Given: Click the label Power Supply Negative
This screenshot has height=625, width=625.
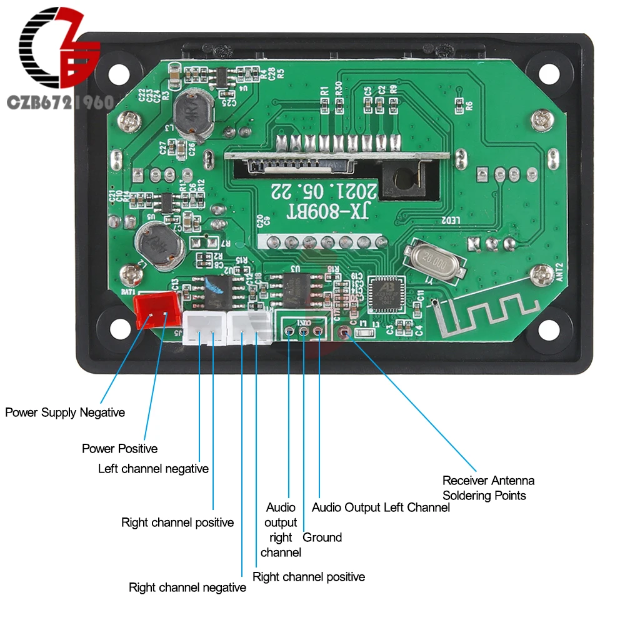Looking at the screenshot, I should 65,412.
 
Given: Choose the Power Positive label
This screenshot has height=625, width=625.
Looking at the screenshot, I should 119,449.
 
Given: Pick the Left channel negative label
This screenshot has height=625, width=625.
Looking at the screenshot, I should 153,469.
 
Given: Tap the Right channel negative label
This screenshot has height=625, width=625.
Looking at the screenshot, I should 187,587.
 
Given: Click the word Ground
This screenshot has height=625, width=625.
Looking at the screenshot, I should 322,537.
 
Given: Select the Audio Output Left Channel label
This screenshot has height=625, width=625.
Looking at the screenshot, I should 381,507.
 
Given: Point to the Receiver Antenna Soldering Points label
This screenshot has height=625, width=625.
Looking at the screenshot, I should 488,488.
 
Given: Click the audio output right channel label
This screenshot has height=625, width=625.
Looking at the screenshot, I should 281,530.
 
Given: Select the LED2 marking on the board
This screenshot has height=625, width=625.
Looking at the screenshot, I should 451,221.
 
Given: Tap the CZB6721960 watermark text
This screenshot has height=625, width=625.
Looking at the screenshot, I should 59,102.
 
